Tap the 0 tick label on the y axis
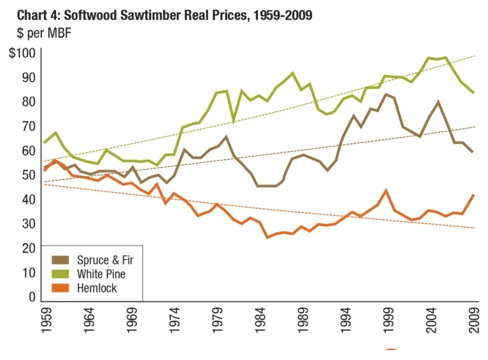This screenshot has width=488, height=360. click(30, 297)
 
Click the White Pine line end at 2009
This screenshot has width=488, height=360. click(474, 93)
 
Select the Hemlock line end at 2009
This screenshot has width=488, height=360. click(474, 195)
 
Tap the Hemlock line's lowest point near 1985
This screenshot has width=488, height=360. click(267, 237)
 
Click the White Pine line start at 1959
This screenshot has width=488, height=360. click(44, 143)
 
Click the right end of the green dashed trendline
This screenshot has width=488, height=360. click(475, 56)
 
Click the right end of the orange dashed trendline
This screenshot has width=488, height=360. click(475, 228)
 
